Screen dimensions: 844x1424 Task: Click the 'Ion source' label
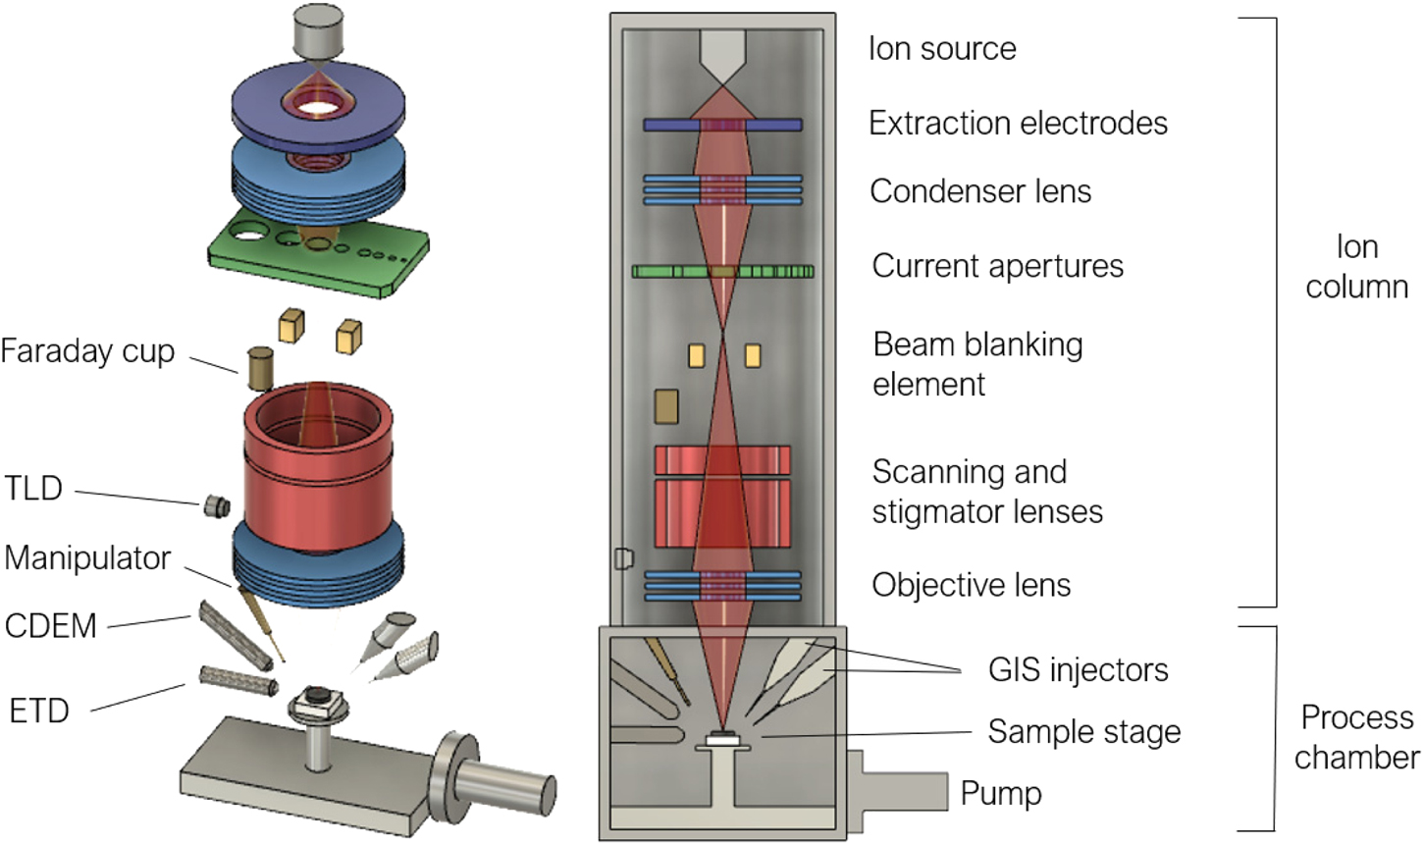coord(942,49)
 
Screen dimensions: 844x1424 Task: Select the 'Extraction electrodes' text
coord(1018,124)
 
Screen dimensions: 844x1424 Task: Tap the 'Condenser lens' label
coord(979,191)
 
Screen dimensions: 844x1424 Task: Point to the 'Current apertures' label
coord(997,266)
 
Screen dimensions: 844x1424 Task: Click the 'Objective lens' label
coord(971,585)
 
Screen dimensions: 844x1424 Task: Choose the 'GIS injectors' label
coord(1078,670)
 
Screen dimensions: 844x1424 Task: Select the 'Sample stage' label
coord(1083,732)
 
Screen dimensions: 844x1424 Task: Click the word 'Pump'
coord(1000,793)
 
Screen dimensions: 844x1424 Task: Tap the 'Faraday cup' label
coord(87,351)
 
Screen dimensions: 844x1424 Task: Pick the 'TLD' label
coord(34,488)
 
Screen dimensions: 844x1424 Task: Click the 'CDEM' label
coord(51,626)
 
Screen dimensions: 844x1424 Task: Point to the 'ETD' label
coord(39,710)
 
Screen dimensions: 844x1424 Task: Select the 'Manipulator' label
coord(87,557)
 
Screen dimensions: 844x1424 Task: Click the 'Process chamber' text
coord(1356,737)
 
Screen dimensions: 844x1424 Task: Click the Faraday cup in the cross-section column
coord(666,406)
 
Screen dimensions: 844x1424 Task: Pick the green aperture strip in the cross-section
coord(722,272)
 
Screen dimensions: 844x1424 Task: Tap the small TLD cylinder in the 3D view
coord(216,506)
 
